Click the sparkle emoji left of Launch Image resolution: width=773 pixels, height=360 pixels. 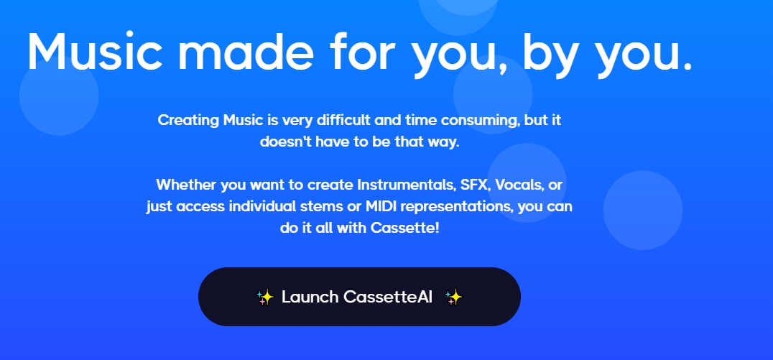pyautogui.click(x=265, y=297)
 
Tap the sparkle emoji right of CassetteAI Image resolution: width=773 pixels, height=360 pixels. pyautogui.click(x=453, y=297)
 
